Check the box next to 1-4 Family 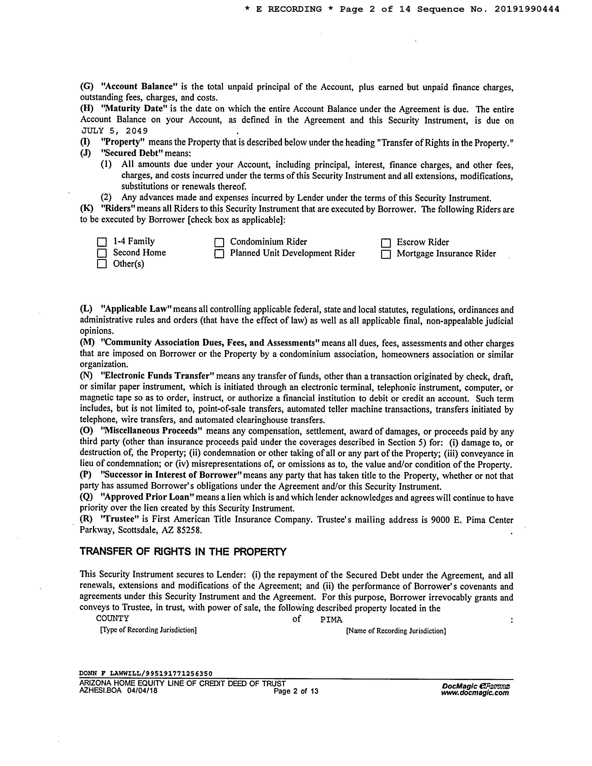[102, 242]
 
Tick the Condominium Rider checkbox [219, 242]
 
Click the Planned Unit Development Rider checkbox [219, 253]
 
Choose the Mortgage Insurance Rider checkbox [386, 254]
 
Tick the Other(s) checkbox [102, 264]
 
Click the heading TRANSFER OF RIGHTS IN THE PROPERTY [183, 552]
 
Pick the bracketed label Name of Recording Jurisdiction [396, 631]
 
